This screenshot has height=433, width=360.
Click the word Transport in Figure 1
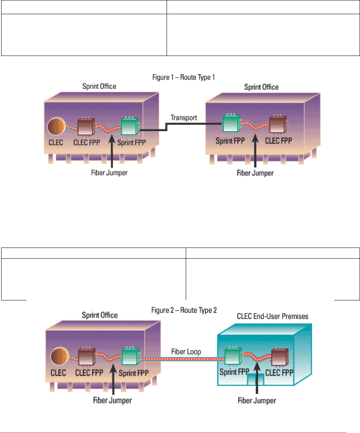point(183,118)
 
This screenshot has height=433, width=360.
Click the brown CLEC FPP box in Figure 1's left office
point(86,126)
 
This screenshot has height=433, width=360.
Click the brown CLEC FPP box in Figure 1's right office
point(278,125)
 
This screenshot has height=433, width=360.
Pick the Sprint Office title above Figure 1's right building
point(262,87)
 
